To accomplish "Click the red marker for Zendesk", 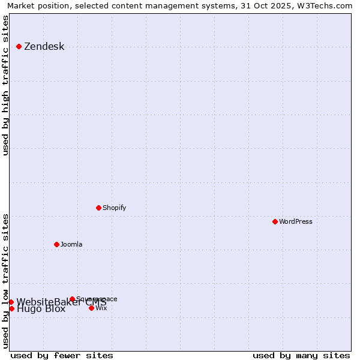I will pyautogui.click(x=19, y=46).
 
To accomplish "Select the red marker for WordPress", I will pyautogui.click(x=275, y=221).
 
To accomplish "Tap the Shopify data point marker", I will pyautogui.click(x=98, y=208).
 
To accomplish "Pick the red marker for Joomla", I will pyautogui.click(x=56, y=244).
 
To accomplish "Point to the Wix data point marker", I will pyautogui.click(x=91, y=308).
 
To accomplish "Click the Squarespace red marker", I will pyautogui.click(x=72, y=299).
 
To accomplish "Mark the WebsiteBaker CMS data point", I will pyautogui.click(x=11, y=302).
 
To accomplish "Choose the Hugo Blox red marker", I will pyautogui.click(x=11, y=308).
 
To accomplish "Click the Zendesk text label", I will pyautogui.click(x=44, y=47).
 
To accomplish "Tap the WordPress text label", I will pyautogui.click(x=295, y=222).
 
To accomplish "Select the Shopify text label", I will pyautogui.click(x=114, y=208).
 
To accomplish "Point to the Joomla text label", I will pyautogui.click(x=71, y=245).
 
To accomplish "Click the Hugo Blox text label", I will pyautogui.click(x=41, y=310).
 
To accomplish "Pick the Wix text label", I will pyautogui.click(x=101, y=308).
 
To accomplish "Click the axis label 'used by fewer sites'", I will pyautogui.click(x=62, y=355).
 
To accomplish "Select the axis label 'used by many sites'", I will pyautogui.click(x=301, y=355).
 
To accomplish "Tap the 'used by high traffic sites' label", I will pyautogui.click(x=6, y=85).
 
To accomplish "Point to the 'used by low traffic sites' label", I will pyautogui.click(x=6, y=280).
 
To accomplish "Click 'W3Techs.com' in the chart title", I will pyautogui.click(x=328, y=5).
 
